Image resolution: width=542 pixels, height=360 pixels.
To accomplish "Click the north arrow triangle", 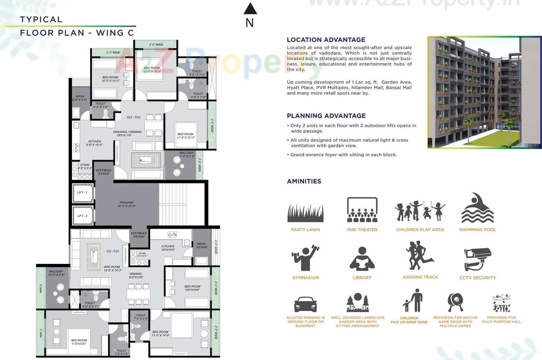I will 250,8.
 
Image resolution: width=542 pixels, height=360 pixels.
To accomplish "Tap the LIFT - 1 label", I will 82,193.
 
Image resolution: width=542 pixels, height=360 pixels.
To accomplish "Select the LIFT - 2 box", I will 82,216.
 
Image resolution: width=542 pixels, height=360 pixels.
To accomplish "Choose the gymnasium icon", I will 305,258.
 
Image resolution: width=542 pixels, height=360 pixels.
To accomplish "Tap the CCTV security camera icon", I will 477,259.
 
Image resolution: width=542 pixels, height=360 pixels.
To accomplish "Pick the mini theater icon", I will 362,210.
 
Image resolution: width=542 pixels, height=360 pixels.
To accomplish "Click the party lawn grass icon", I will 305,213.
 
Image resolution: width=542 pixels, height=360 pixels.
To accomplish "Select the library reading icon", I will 362,259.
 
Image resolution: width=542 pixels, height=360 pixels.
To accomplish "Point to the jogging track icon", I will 420,256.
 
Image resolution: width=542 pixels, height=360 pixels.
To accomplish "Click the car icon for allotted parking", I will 305,305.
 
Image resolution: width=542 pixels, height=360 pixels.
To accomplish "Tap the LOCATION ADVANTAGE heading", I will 326,40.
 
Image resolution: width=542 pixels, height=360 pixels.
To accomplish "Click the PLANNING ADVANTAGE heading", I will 326,116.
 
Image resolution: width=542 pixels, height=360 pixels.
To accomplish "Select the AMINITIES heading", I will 304,181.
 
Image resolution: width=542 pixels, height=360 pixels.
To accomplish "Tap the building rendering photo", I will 484,92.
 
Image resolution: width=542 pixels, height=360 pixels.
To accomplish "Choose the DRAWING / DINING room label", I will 127,132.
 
